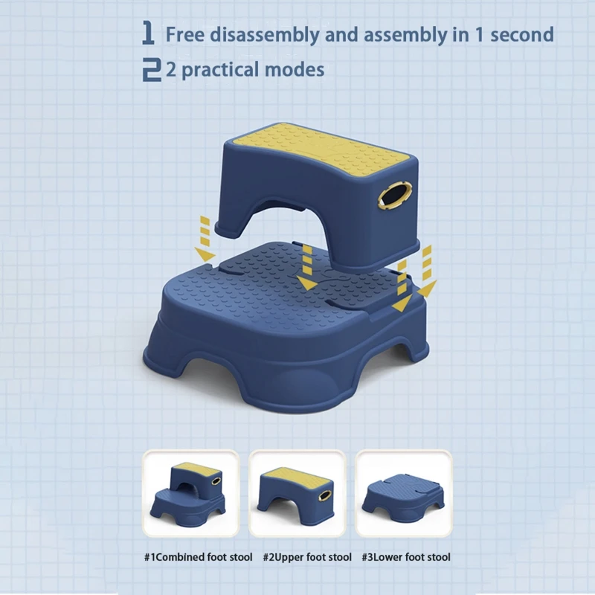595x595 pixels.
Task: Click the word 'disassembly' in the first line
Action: [265, 35]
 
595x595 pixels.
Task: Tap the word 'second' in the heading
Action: [522, 35]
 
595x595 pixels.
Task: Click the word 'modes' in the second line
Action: [294, 70]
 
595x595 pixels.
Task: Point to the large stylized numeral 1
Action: [148, 33]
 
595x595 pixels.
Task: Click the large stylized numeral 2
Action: [152, 69]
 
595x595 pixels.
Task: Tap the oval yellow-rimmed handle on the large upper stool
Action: [394, 195]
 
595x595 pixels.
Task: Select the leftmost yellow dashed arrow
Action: [205, 239]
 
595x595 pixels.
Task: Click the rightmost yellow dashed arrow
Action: [427, 271]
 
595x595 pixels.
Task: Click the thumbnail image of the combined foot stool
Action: [190, 493]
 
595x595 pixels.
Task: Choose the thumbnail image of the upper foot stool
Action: [297, 493]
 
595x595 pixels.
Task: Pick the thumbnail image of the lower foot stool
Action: [403, 493]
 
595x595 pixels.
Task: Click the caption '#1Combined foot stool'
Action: [198, 557]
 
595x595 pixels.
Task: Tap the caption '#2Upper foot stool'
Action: [307, 557]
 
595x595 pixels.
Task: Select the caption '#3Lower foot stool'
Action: [406, 557]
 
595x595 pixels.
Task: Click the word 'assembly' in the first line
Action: [405, 36]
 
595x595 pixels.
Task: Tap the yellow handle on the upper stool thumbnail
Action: [325, 495]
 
